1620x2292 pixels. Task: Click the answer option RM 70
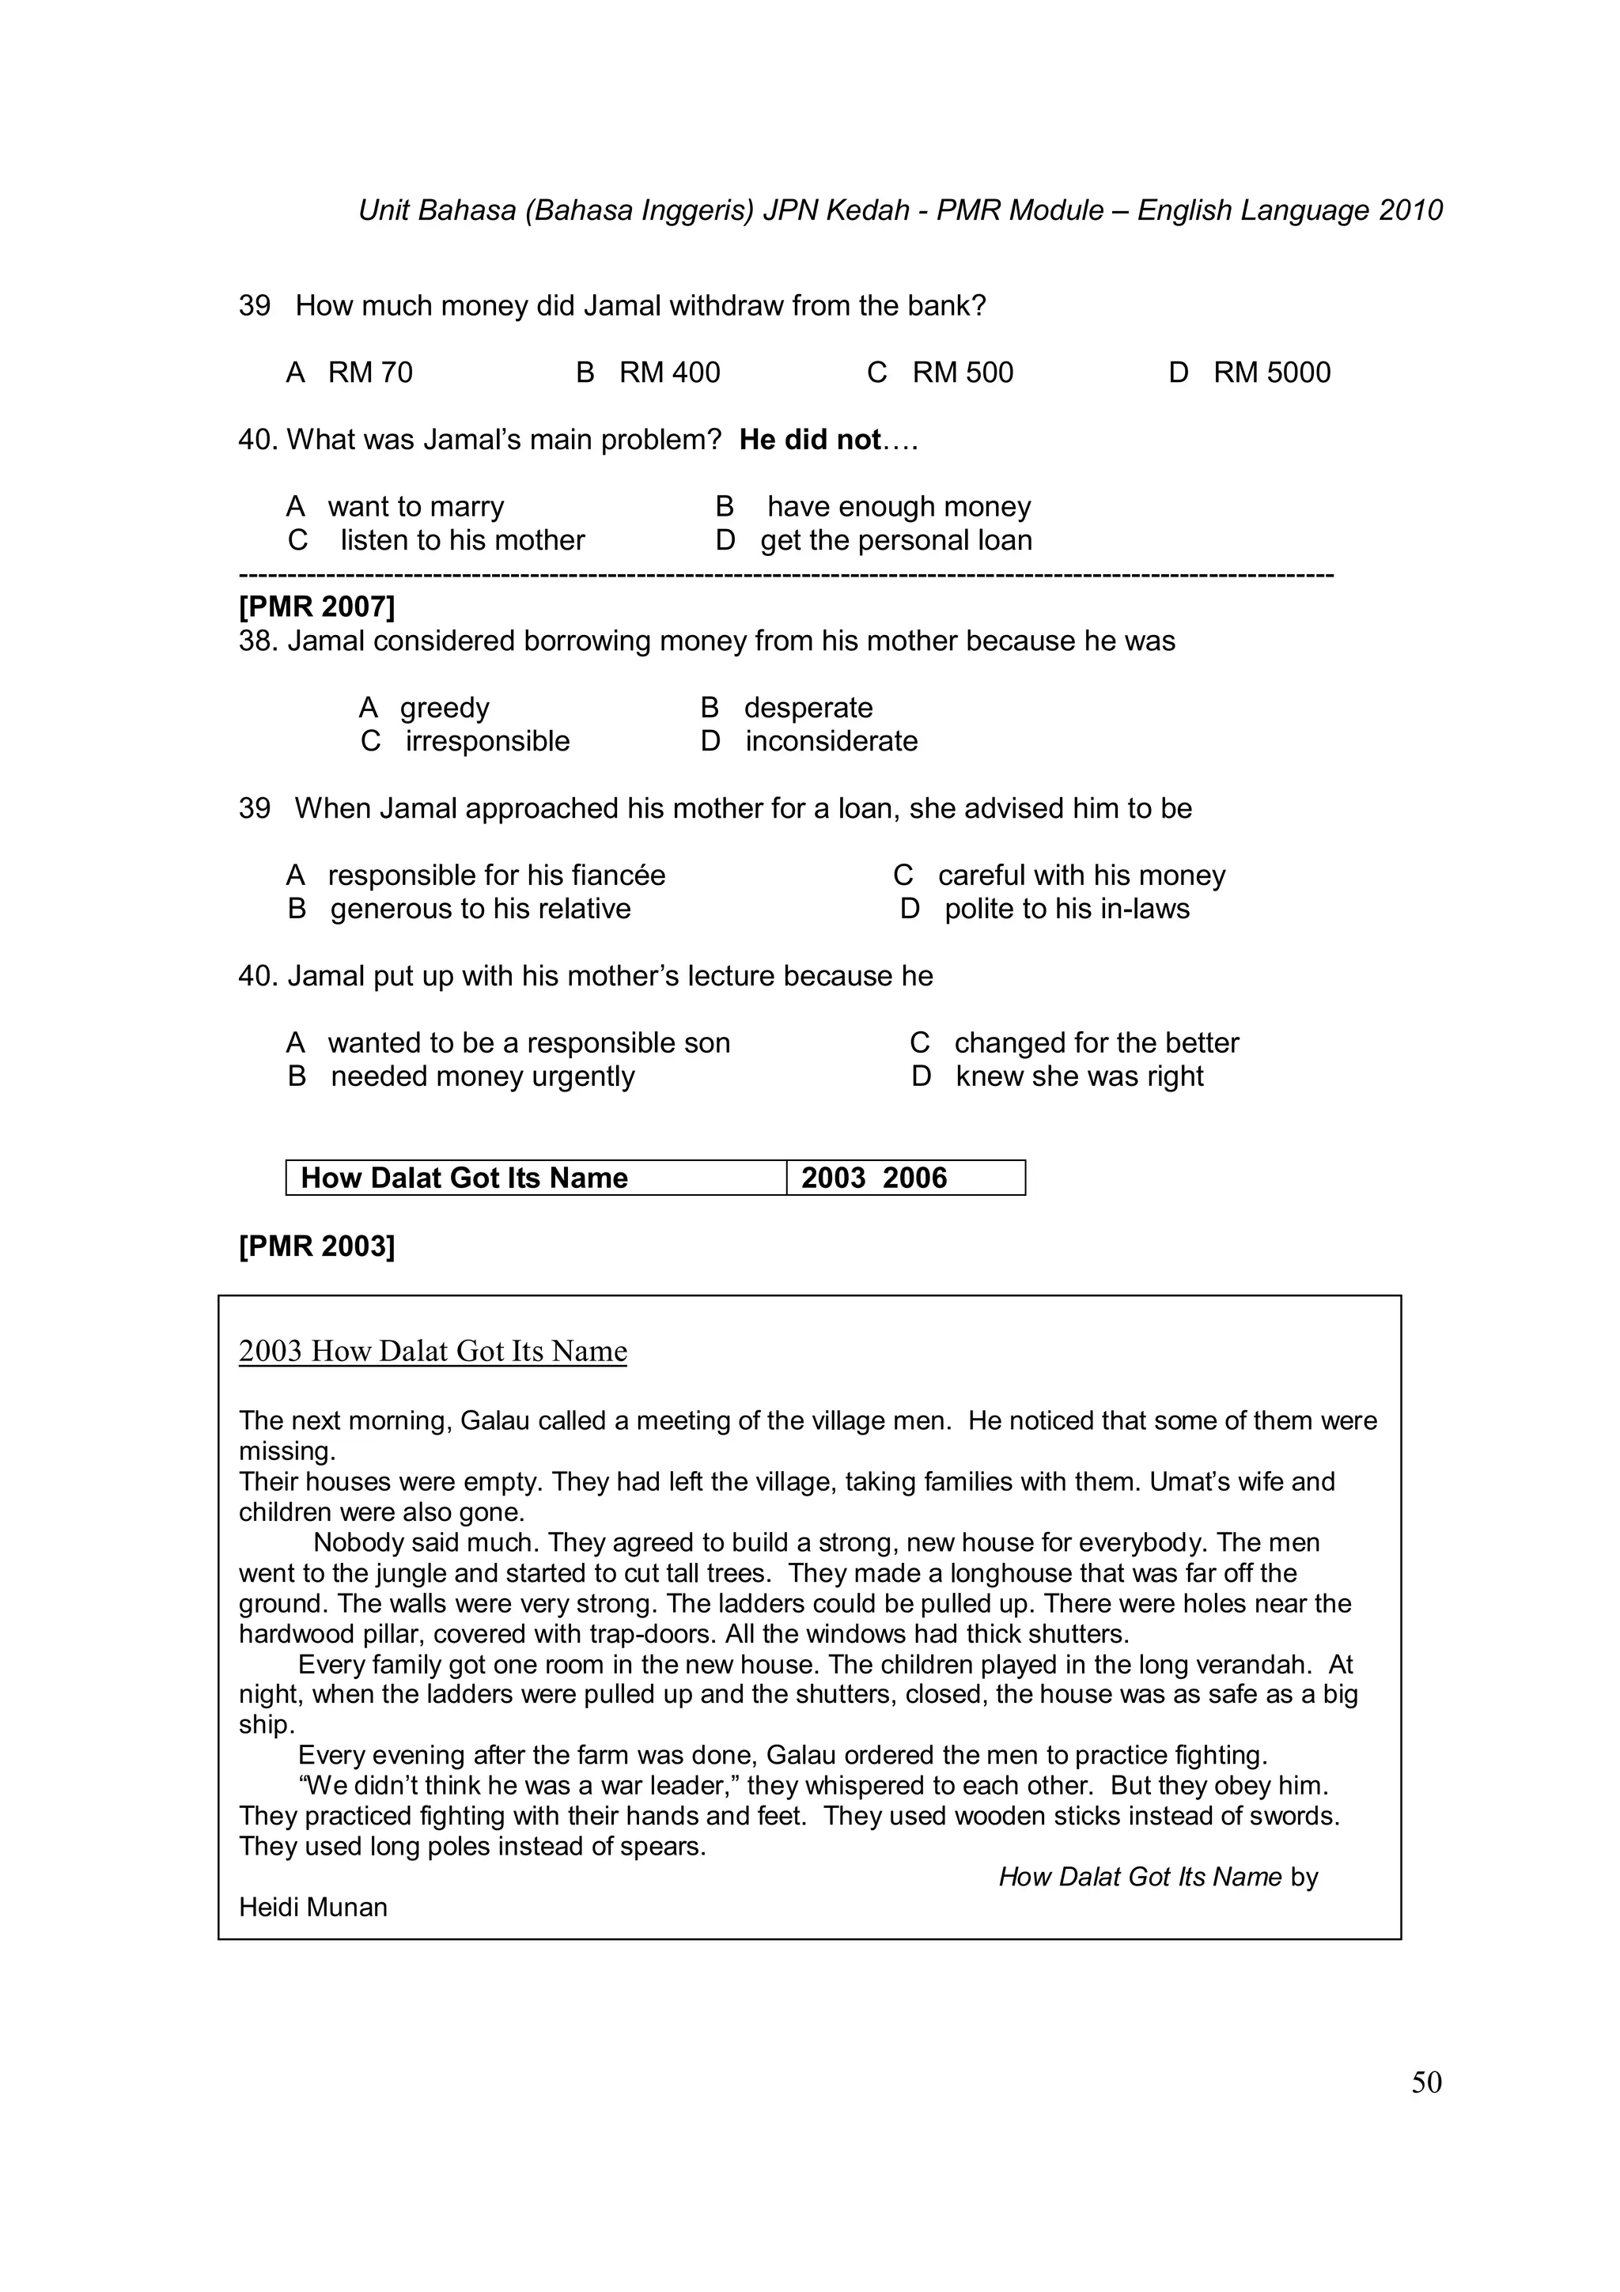coord(369,373)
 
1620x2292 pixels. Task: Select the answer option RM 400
coord(668,373)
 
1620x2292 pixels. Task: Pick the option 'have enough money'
coord(899,506)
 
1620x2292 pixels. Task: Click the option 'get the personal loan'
coord(895,540)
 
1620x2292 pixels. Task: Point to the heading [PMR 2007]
coord(316,606)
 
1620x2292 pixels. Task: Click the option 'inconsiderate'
coord(831,741)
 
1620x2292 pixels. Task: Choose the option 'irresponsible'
coord(487,741)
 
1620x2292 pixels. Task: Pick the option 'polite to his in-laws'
coord(1067,909)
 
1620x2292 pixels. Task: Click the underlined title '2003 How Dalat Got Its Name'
coord(432,1351)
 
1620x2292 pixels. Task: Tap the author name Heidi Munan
coord(312,1907)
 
